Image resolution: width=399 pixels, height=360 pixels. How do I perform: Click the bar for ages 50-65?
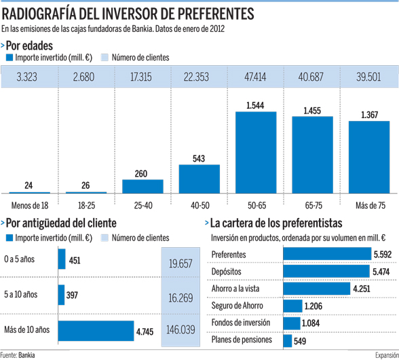click(256, 153)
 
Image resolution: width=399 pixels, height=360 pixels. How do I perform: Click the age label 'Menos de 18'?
click(28, 204)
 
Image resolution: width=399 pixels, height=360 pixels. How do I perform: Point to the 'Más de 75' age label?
click(369, 204)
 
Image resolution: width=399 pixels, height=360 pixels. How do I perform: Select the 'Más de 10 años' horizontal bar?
click(95, 330)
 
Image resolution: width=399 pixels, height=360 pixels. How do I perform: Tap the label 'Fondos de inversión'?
click(241, 323)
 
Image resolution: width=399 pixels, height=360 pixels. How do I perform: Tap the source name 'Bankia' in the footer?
click(26, 355)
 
